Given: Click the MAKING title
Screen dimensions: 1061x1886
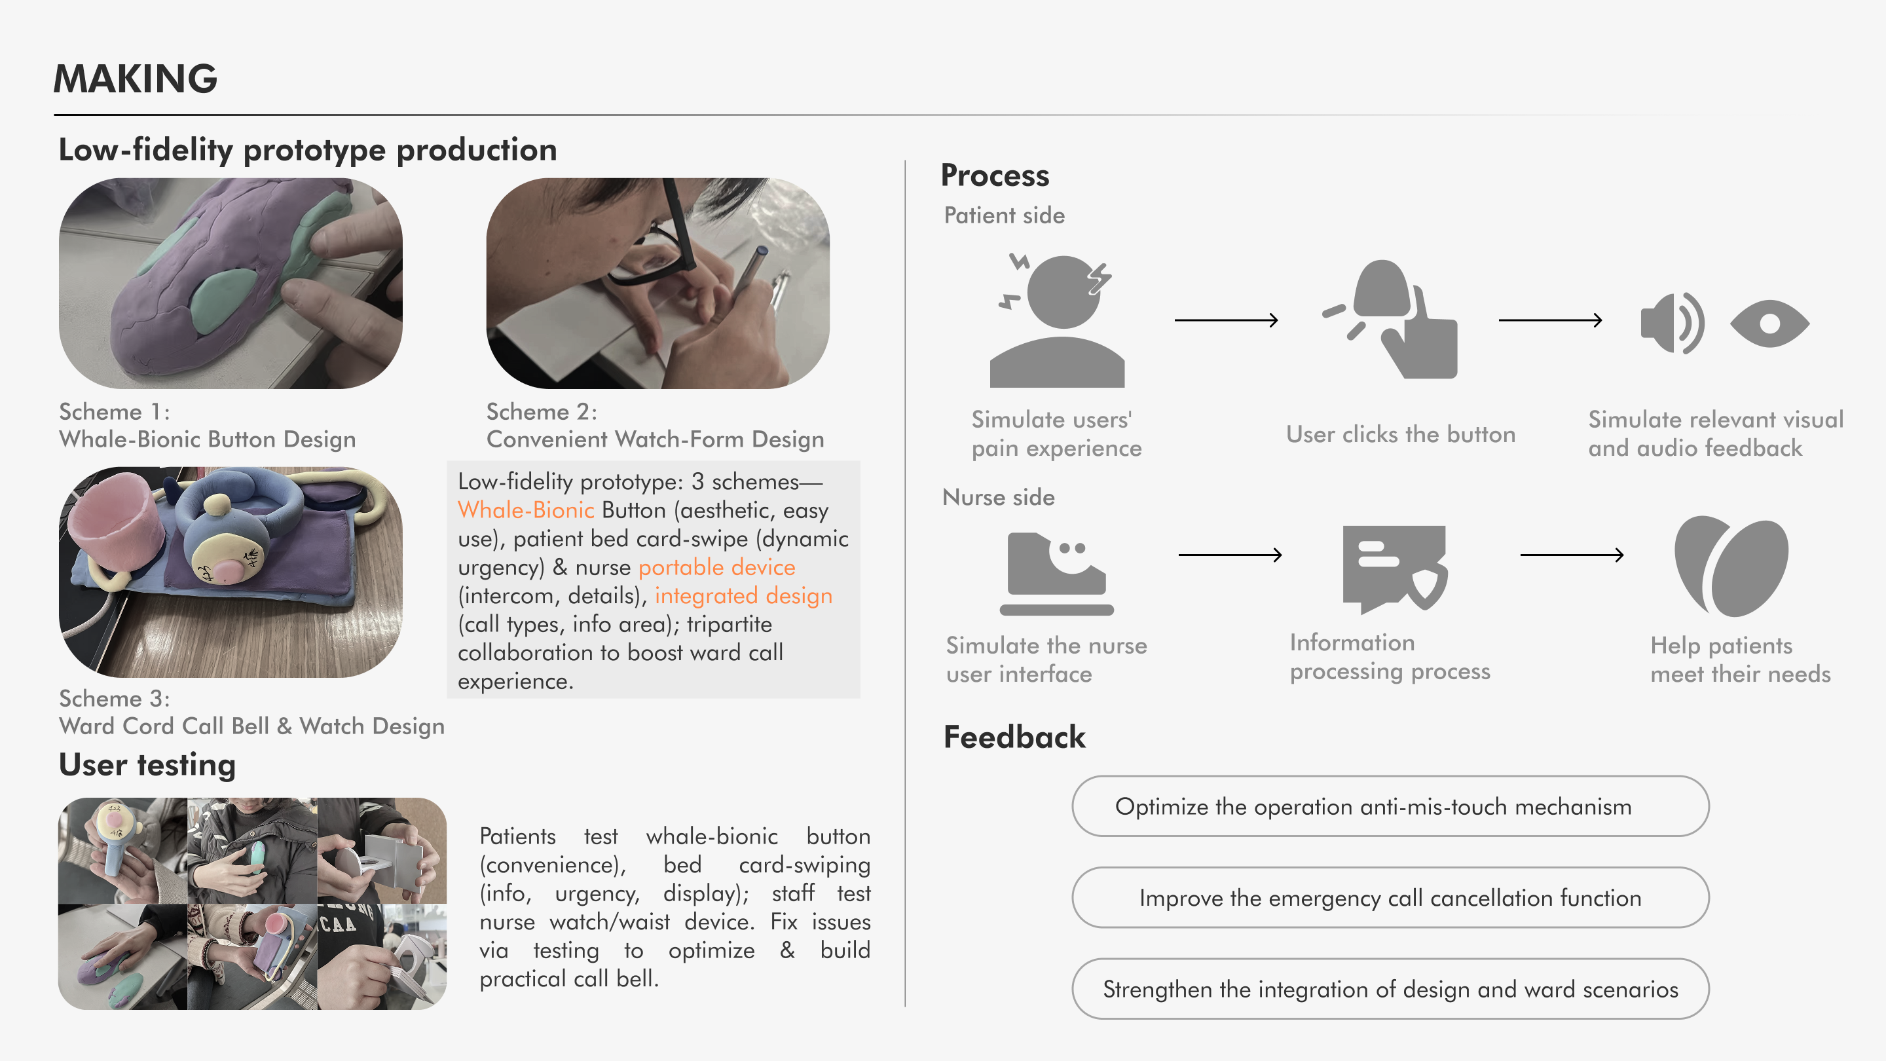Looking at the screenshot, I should (x=136, y=79).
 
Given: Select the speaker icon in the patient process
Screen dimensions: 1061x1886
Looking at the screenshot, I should (x=1671, y=323).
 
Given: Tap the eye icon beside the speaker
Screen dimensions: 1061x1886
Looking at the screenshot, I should (x=1769, y=324).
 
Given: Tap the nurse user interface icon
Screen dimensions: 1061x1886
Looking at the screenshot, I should (x=1056, y=573).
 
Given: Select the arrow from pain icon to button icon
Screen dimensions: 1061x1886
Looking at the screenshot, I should (x=1227, y=320).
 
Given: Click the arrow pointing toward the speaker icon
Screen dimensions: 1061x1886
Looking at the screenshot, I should (x=1550, y=320).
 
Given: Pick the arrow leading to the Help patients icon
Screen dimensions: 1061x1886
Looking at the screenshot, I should (x=1572, y=555).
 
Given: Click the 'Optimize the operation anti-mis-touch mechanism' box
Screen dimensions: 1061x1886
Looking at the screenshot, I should (x=1390, y=806).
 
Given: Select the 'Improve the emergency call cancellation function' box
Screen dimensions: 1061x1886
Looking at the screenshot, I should (x=1390, y=898).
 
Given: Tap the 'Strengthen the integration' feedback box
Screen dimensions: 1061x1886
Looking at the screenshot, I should (x=1390, y=989).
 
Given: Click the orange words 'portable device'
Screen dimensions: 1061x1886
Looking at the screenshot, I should (x=716, y=567).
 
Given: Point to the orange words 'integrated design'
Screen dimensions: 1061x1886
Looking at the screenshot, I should (x=743, y=596).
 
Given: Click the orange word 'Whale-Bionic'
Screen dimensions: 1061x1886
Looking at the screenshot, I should (x=526, y=510).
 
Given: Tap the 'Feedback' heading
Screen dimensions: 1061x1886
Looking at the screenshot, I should (x=1014, y=737).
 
